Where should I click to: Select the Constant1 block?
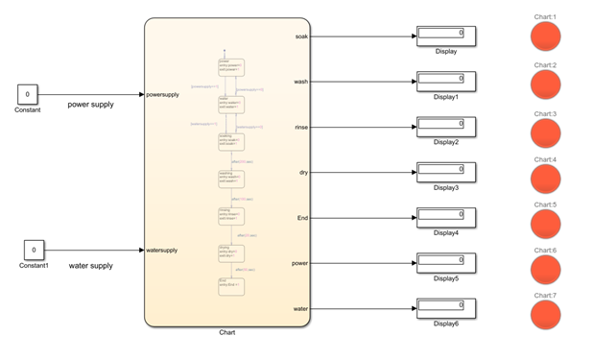tap(34, 250)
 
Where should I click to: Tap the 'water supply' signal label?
tap(91, 265)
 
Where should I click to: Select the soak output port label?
tap(300, 36)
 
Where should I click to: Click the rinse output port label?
tap(300, 128)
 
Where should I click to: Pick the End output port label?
tap(301, 218)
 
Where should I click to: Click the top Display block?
tap(445, 35)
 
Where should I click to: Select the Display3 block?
tap(445, 171)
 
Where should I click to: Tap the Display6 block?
tap(445, 307)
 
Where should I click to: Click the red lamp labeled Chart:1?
tap(545, 37)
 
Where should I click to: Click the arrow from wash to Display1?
tap(365, 82)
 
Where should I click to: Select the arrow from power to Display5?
tap(365, 263)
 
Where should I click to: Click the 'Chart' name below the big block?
tap(227, 332)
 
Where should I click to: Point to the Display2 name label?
tap(446, 142)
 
